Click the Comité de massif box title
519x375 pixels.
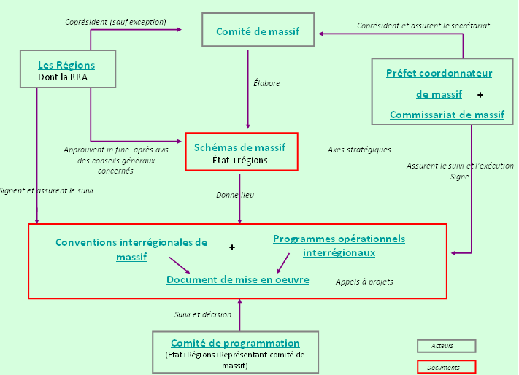257,31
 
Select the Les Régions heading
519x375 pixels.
66,65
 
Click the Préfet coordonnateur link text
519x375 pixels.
439,73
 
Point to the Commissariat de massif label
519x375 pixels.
447,115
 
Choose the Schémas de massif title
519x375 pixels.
239,147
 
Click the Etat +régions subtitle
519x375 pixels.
239,160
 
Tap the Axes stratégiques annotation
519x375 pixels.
358,150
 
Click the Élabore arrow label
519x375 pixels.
266,83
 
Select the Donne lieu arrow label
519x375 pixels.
235,195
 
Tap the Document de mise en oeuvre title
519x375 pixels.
238,279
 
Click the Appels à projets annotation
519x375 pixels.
364,282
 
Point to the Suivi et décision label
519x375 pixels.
203,314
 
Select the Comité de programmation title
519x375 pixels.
235,343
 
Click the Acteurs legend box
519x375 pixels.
446,346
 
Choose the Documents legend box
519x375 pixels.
446,367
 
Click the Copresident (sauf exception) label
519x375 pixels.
115,22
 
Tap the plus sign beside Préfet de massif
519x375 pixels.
480,95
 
